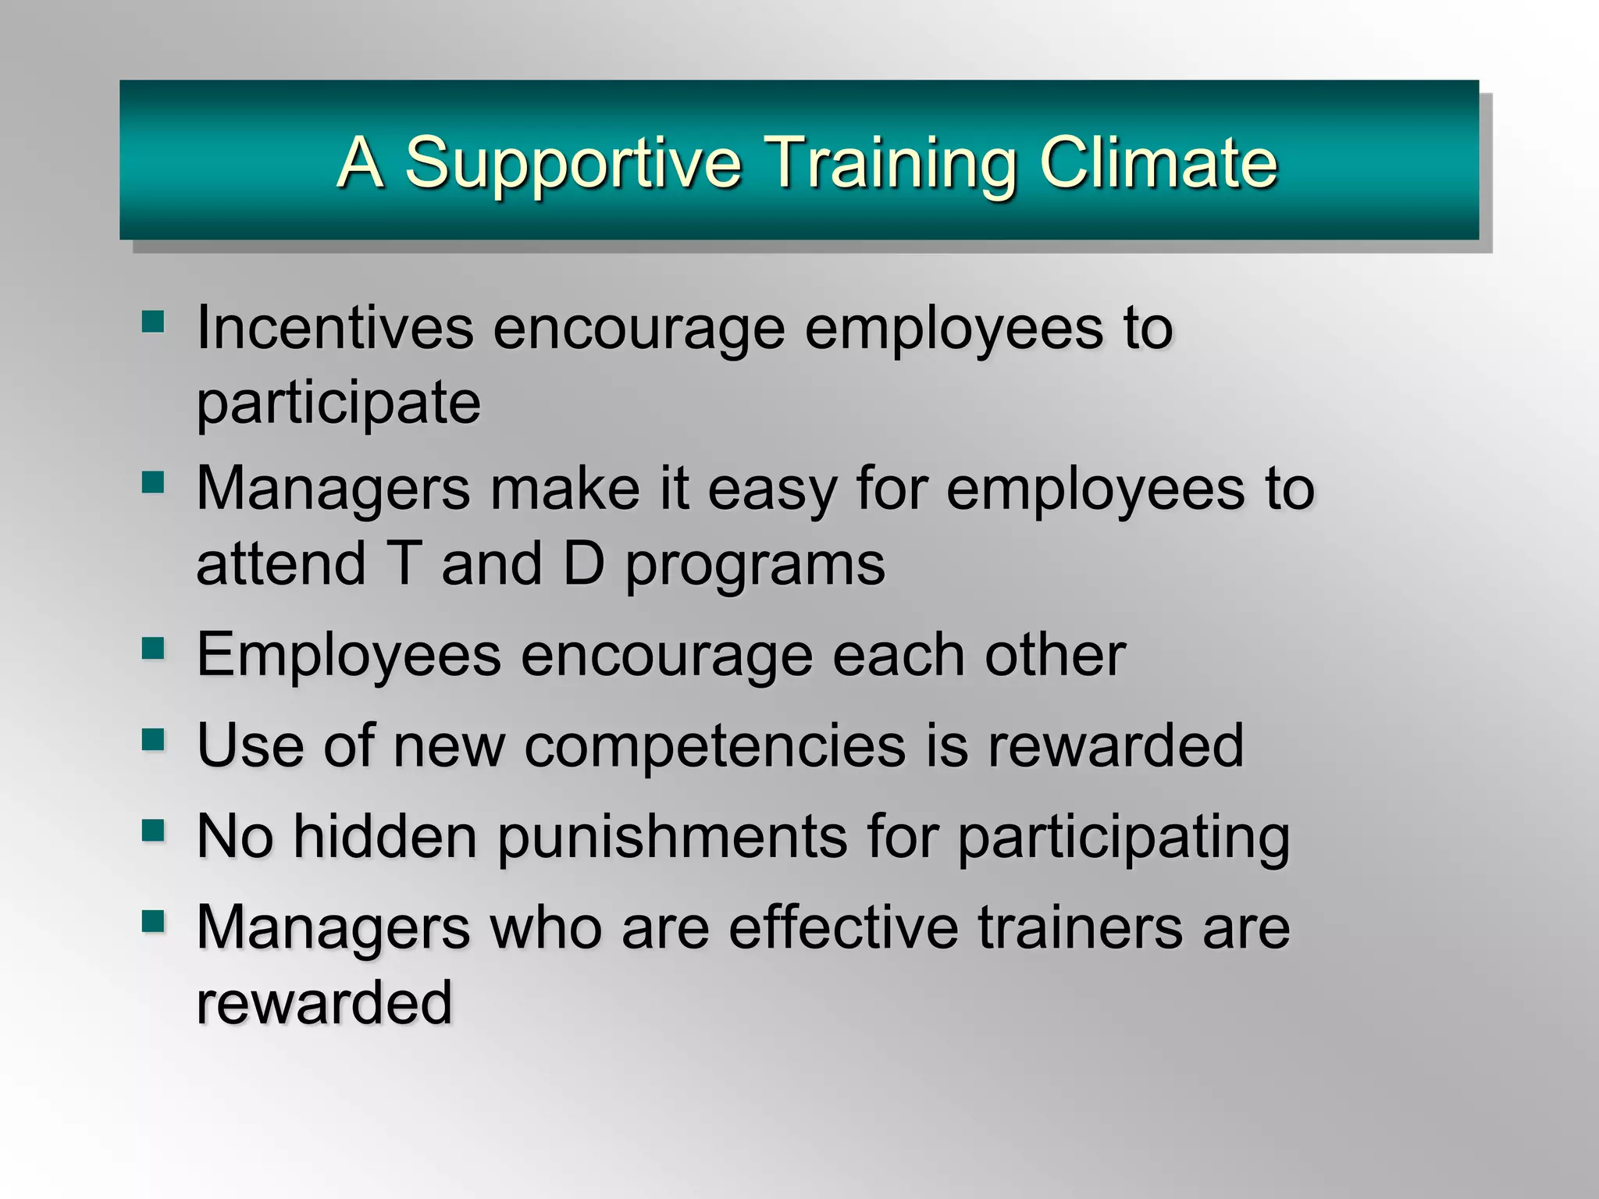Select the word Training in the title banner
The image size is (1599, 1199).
click(889, 164)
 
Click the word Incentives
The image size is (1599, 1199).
click(334, 328)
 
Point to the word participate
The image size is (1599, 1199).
click(338, 404)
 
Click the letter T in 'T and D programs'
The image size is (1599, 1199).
click(404, 564)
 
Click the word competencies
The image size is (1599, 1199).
click(715, 746)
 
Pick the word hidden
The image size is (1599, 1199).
click(386, 837)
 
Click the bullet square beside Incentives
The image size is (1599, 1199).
click(153, 321)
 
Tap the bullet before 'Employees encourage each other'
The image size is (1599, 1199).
click(153, 648)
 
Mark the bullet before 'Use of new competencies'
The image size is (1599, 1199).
click(153, 738)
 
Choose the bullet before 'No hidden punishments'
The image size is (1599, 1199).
click(153, 830)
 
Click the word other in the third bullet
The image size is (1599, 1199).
click(1055, 655)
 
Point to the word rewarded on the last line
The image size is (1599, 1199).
click(324, 1003)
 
